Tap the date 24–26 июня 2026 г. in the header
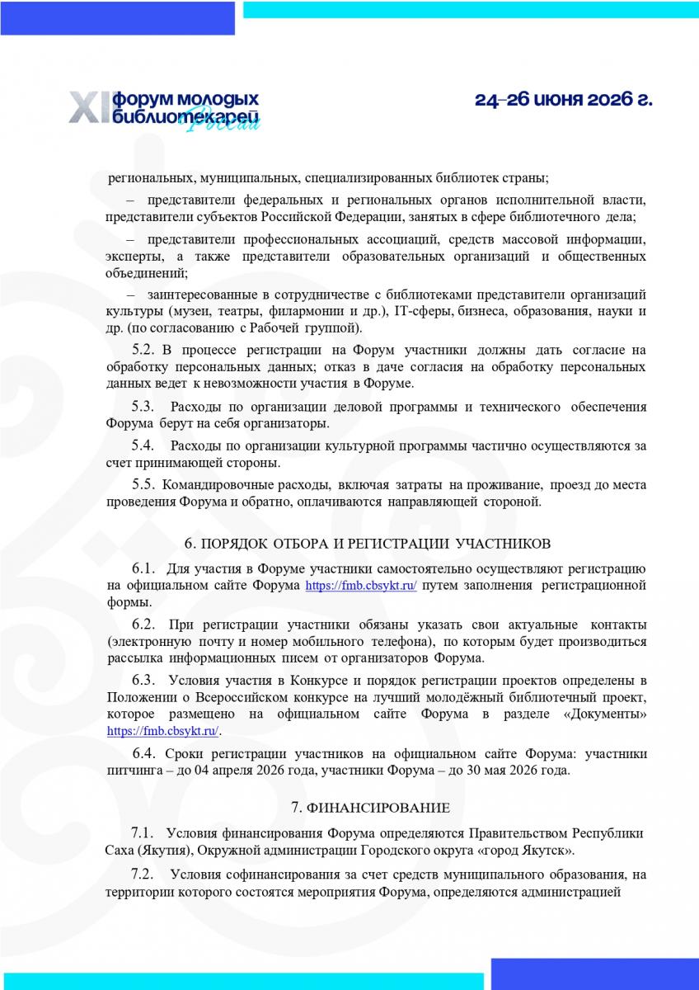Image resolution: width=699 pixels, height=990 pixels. (x=563, y=101)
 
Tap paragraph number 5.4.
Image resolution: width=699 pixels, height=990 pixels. (x=144, y=446)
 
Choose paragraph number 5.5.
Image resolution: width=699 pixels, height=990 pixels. (x=144, y=484)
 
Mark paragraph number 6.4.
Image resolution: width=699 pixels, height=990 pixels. (x=144, y=754)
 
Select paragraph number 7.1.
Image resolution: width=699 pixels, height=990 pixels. (x=144, y=832)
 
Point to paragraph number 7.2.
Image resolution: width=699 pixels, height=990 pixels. (x=144, y=874)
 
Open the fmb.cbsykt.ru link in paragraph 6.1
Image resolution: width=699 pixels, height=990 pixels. (x=361, y=586)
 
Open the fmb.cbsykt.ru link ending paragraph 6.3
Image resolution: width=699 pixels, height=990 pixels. (x=163, y=731)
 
